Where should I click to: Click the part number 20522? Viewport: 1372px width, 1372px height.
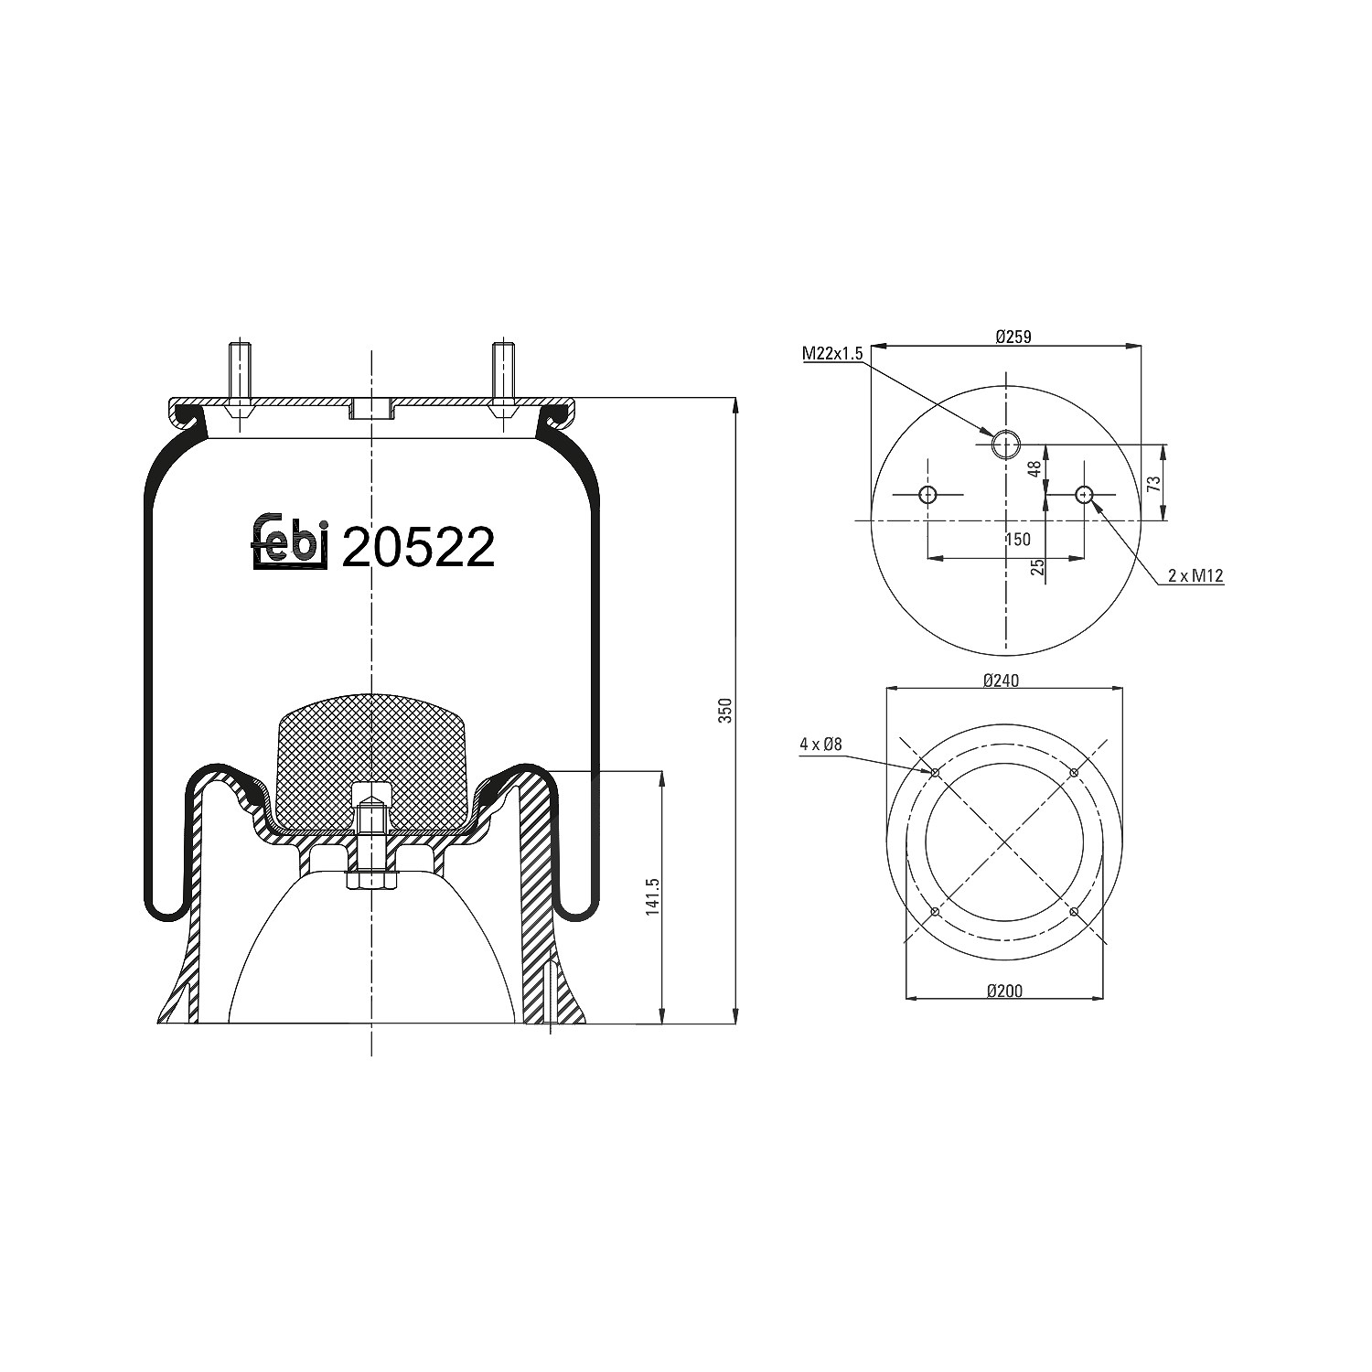418,547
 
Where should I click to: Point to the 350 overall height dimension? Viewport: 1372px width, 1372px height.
725,711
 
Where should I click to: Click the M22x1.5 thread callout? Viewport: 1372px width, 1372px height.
832,353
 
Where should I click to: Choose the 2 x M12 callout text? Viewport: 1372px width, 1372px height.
1195,575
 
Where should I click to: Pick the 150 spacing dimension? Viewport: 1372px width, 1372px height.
1017,540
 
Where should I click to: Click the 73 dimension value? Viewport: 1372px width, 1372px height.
1154,483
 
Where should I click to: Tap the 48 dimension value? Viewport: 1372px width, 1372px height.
1034,468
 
